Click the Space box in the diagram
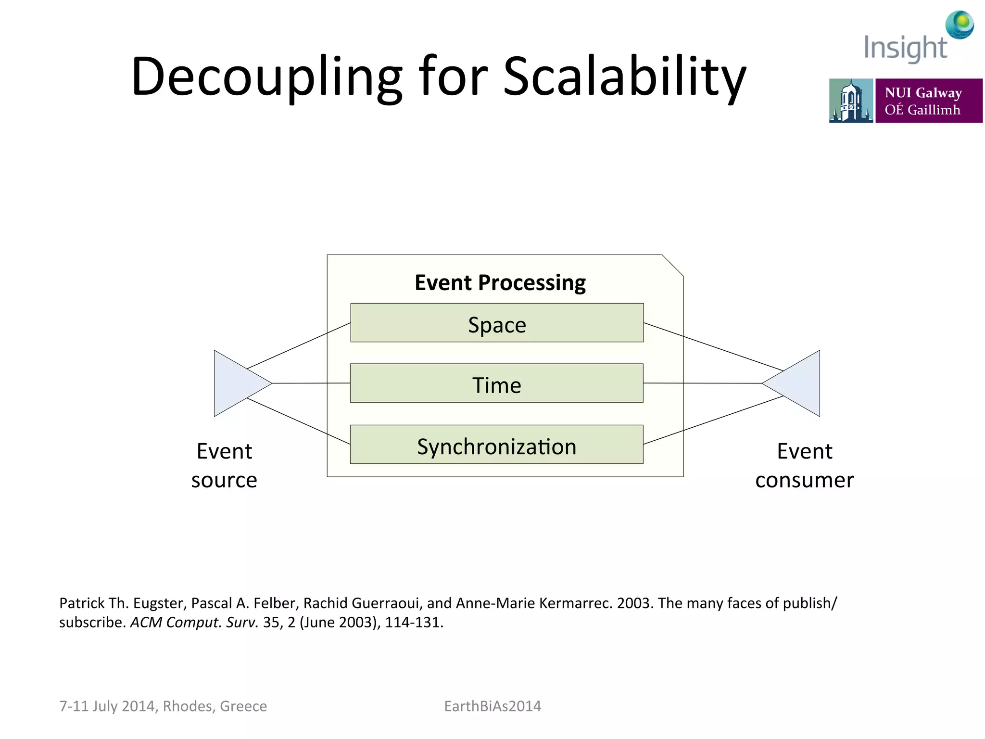pos(497,323)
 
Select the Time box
pos(497,383)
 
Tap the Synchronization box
pos(497,445)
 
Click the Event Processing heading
pos(500,282)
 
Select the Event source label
pos(224,465)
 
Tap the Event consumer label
pos(805,465)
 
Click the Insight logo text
pos(905,48)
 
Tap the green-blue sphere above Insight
pos(960,24)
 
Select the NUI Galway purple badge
pos(929,101)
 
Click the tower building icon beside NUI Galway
pos(851,101)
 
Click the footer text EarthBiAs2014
pos(492,706)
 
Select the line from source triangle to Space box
pos(298,346)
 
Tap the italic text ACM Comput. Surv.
pos(194,622)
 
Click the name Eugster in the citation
pos(159,603)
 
